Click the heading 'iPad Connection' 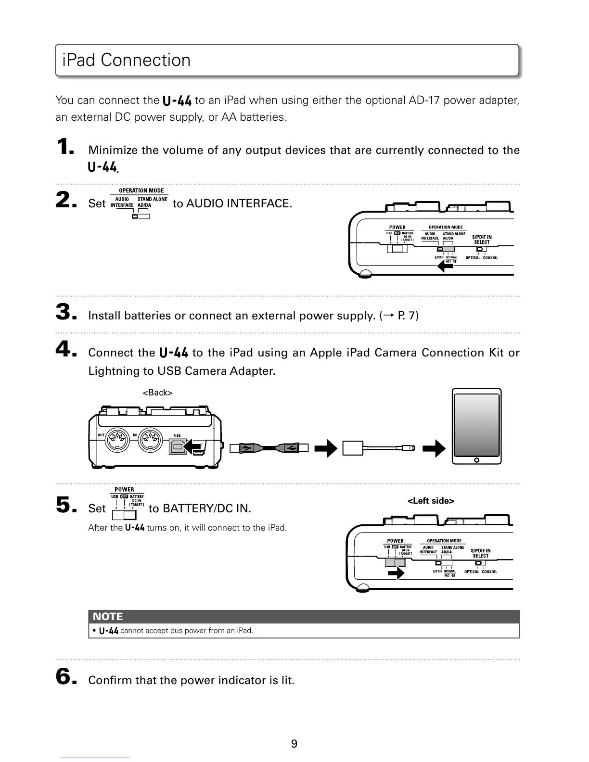pyautogui.click(x=127, y=60)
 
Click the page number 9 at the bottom pyautogui.click(x=294, y=744)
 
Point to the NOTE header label pyautogui.click(x=108, y=617)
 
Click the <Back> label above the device pyautogui.click(x=157, y=393)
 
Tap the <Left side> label pyautogui.click(x=431, y=501)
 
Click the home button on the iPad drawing pyautogui.click(x=477, y=460)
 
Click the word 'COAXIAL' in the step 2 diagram pyautogui.click(x=490, y=258)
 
